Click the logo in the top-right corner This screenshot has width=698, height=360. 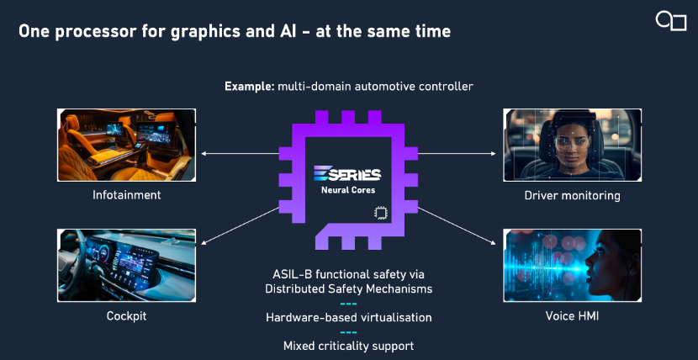pos(671,21)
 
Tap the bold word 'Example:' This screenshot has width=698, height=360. pos(249,87)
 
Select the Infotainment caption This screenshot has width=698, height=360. pos(127,195)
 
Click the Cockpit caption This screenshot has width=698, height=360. pos(126,316)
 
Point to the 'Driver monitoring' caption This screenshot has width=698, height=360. pos(572,195)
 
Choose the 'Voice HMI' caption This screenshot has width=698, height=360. pos(572,316)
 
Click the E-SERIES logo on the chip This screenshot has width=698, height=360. pos(347,173)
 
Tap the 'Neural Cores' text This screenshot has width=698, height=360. pos(348,190)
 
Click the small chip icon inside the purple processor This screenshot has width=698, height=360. pos(380,213)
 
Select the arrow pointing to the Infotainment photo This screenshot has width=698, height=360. pos(240,154)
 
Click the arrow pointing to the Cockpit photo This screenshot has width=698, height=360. pos(240,225)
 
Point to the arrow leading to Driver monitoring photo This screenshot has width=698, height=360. pos(457,154)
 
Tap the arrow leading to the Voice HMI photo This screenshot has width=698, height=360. pos(457,225)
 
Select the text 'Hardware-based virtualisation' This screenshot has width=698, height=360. pos(348,317)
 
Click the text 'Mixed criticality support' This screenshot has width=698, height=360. pos(348,346)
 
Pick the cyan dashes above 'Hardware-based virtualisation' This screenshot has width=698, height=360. pos(348,304)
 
